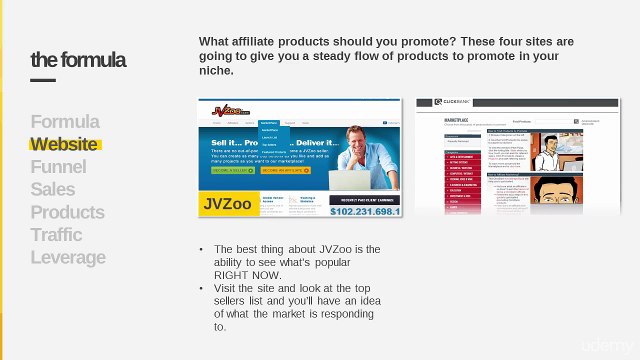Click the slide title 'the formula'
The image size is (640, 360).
click(78, 60)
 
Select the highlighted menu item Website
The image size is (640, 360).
click(64, 144)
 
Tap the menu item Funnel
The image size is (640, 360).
click(58, 167)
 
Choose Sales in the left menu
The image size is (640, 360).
click(52, 190)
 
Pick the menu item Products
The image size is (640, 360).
click(67, 212)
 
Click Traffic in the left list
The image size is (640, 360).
click(56, 235)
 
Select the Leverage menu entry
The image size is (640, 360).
click(68, 258)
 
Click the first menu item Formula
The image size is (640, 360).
click(65, 122)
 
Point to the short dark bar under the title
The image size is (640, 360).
click(43, 80)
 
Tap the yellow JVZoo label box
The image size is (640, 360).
click(229, 204)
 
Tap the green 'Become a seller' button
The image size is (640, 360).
click(233, 171)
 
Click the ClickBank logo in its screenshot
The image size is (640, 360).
click(450, 103)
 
